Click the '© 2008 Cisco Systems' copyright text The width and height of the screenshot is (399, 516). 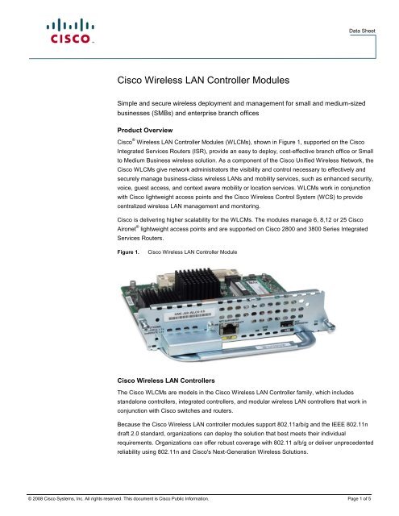(48, 501)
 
